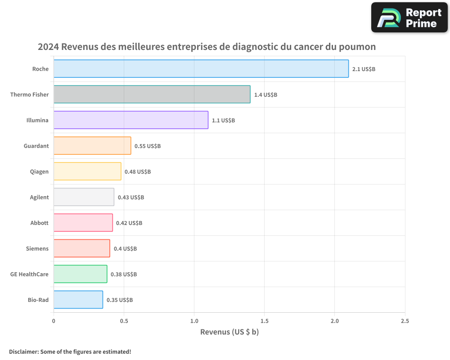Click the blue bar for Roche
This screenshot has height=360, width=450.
(201, 69)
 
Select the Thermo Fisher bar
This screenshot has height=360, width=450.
(152, 94)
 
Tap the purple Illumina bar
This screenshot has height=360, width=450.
(130, 120)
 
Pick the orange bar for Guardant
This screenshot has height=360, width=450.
(92, 146)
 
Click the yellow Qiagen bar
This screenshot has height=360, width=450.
(87, 171)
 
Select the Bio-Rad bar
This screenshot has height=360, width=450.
(78, 300)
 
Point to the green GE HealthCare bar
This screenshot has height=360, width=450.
(80, 274)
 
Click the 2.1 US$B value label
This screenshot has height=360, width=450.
(364, 69)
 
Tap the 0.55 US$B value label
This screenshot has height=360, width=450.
(148, 146)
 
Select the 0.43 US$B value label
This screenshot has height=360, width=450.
(131, 198)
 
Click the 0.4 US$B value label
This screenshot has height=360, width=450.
(125, 249)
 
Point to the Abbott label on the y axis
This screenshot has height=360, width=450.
(39, 223)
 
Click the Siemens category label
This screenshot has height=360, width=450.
(37, 249)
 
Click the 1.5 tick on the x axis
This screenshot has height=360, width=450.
(264, 321)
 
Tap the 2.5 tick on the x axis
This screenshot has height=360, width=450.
(405, 321)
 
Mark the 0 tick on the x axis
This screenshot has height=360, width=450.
(54, 321)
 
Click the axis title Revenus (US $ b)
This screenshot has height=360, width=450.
(229, 332)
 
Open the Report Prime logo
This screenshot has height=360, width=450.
(409, 18)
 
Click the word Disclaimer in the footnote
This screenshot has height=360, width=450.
(23, 351)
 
